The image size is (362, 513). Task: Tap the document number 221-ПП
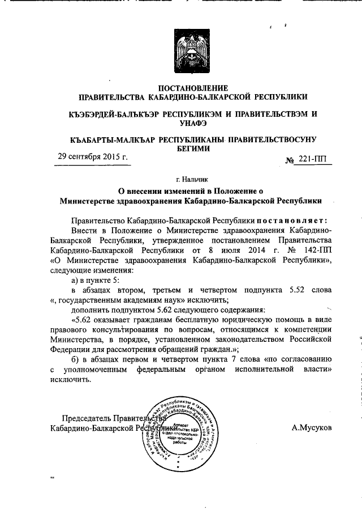pyautogui.click(x=312, y=160)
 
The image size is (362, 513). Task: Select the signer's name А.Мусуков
pyautogui.click(x=312, y=427)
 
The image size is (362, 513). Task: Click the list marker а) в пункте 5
pyautogui.click(x=102, y=278)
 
